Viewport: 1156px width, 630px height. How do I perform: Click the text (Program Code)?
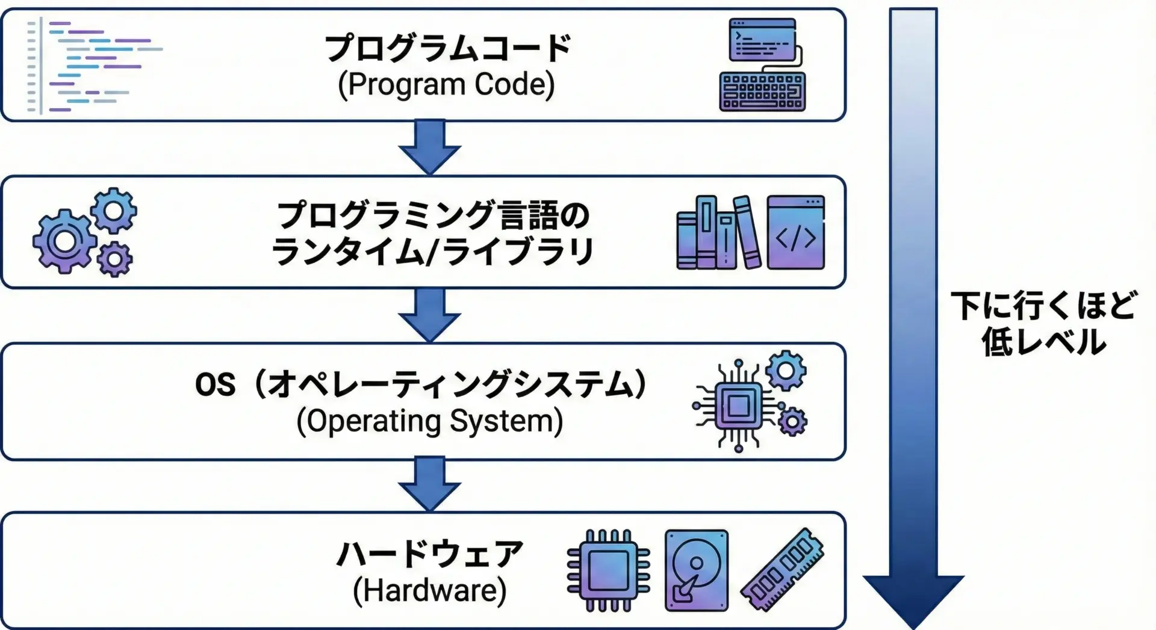pyautogui.click(x=446, y=85)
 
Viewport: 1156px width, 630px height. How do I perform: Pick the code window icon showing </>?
pyautogui.click(x=795, y=232)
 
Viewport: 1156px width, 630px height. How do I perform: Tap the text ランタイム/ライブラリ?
pyautogui.click(x=432, y=252)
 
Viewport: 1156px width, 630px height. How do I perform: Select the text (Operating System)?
pyautogui.click(x=430, y=421)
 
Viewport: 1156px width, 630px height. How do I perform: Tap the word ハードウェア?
pyautogui.click(x=430, y=554)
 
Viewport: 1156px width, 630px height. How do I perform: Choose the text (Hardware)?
pyautogui.click(x=430, y=590)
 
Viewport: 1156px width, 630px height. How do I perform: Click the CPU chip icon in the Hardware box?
pyautogui.click(x=609, y=570)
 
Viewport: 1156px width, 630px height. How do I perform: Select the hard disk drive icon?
pyautogui.click(x=696, y=570)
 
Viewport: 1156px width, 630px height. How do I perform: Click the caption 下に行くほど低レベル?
pyautogui.click(x=1043, y=324)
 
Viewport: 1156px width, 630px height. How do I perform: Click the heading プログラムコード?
pyautogui.click(x=447, y=48)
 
